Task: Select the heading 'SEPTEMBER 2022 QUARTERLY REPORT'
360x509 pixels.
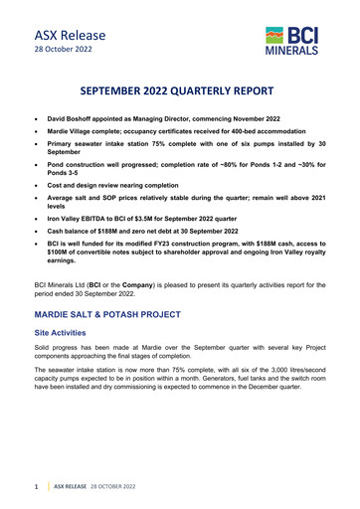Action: click(180, 85)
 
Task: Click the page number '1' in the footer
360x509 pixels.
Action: click(36, 488)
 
